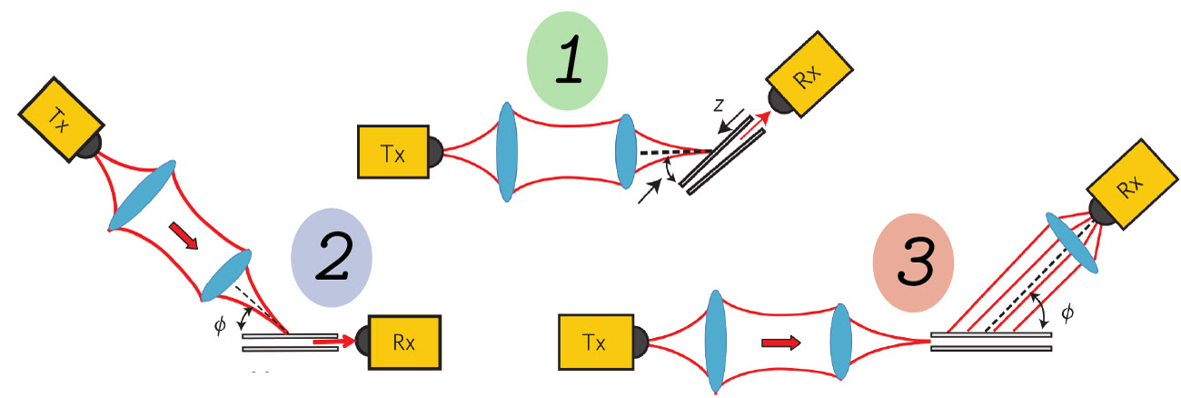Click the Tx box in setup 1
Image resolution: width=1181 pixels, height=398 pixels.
click(393, 153)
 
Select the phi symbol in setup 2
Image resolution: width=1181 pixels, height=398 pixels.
click(219, 325)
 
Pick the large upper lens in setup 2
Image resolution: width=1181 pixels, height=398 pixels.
click(143, 196)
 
